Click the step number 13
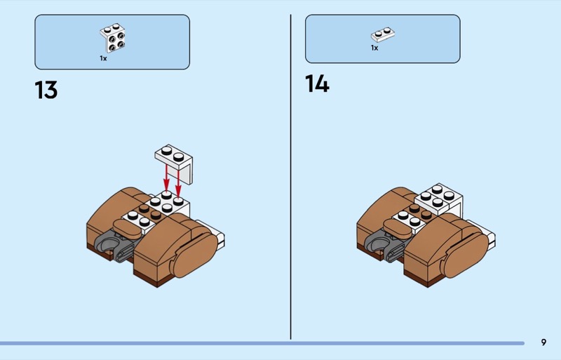[46, 90]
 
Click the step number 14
[317, 84]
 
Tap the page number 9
[543, 342]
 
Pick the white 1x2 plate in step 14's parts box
[383, 34]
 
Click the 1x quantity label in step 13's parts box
[103, 58]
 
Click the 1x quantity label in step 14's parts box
[374, 48]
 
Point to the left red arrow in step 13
[166, 178]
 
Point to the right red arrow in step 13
[178, 181]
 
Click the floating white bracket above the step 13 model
[174, 163]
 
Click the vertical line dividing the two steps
[290, 177]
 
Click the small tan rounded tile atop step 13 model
[127, 227]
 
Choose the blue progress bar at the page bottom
[262, 343]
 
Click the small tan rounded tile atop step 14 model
[398, 227]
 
